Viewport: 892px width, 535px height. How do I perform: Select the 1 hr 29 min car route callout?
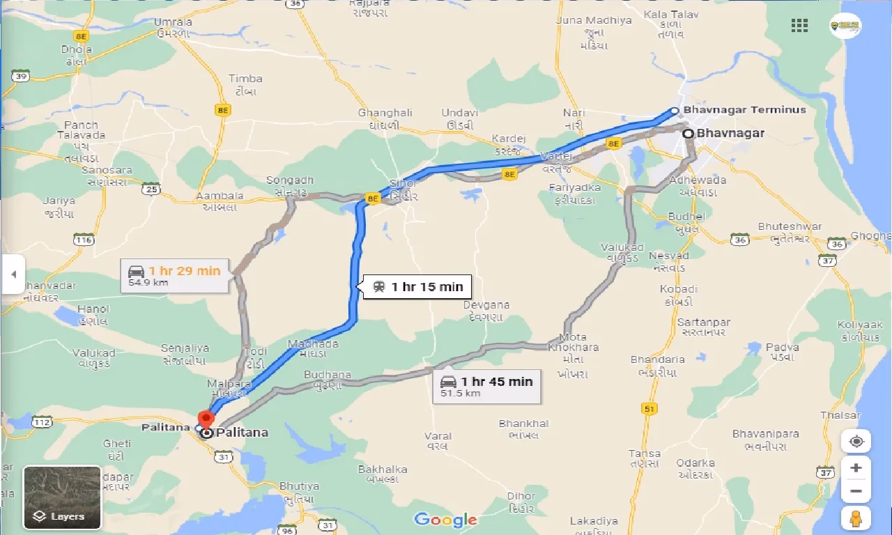[x=175, y=276]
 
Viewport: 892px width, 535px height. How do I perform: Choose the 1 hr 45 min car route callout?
[x=487, y=386]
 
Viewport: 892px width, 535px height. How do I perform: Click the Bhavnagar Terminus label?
[x=744, y=110]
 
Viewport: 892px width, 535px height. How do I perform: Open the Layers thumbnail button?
[x=62, y=497]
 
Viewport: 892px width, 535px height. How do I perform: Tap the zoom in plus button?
[x=856, y=467]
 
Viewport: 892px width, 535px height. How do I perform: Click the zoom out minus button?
[x=856, y=491]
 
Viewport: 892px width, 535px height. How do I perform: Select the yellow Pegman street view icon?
[x=856, y=518]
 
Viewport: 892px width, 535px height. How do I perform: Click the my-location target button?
[x=856, y=442]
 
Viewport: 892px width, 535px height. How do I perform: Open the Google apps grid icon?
[x=799, y=26]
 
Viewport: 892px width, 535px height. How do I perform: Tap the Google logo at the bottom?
[x=445, y=520]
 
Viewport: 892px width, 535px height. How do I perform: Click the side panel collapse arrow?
[x=13, y=274]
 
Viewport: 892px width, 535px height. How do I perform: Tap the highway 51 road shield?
[x=650, y=409]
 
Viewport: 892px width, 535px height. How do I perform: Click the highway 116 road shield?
[x=84, y=240]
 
